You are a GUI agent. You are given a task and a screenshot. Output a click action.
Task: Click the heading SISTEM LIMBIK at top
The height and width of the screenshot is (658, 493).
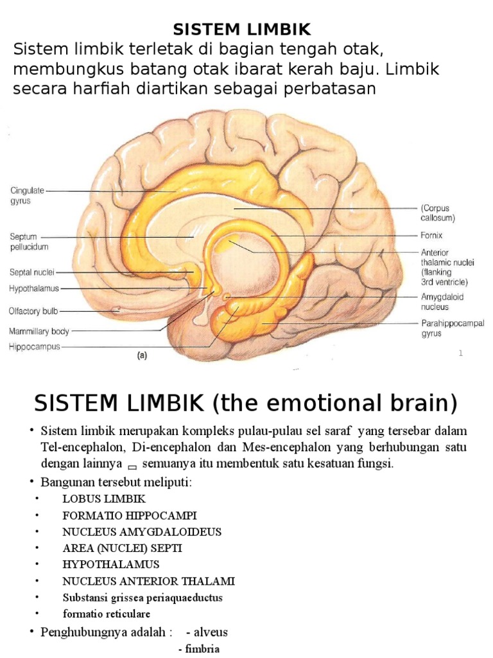[x=243, y=29]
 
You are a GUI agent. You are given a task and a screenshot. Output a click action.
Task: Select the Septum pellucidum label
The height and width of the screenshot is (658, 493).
[x=29, y=242]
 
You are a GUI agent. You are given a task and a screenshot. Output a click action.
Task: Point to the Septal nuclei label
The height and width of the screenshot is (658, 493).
[x=31, y=272]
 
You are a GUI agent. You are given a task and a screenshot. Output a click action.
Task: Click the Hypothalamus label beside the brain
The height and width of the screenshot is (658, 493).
[x=33, y=289]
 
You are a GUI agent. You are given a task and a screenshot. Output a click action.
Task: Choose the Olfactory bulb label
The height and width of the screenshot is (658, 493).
[x=33, y=311]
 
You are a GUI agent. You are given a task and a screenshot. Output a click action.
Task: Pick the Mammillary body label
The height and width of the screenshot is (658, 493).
[x=39, y=332]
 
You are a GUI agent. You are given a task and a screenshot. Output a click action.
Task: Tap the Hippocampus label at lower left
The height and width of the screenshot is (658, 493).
[x=34, y=346]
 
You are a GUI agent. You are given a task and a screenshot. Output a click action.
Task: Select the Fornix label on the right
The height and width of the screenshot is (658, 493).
[x=432, y=236]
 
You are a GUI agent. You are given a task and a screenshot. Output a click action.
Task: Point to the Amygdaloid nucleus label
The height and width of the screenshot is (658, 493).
[x=442, y=302]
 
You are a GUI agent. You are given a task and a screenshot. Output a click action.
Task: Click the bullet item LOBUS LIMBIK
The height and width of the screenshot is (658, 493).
[x=104, y=499]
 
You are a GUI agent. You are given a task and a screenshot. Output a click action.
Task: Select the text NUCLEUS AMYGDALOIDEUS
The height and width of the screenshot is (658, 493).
[x=142, y=532]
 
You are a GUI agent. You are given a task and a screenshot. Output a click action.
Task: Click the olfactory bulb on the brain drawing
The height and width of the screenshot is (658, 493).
[x=116, y=310]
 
